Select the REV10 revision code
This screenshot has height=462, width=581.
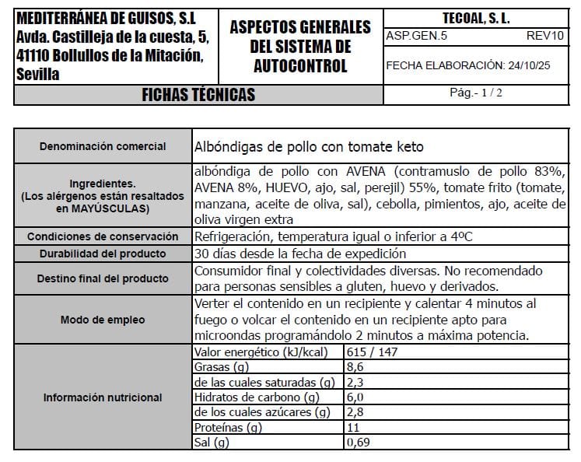(544, 36)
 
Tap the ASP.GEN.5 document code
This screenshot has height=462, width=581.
(416, 36)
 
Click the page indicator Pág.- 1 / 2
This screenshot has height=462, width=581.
(476, 93)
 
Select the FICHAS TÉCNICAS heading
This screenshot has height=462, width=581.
(198, 95)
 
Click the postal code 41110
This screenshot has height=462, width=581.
(30, 56)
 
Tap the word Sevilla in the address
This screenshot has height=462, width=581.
(36, 75)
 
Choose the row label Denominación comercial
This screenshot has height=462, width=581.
(103, 146)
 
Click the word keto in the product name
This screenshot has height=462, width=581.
(410, 147)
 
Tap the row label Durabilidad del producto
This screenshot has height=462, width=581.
(103, 254)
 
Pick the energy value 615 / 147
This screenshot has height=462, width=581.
(373, 352)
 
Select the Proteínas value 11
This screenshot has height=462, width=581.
(353, 428)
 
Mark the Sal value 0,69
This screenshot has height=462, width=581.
(359, 443)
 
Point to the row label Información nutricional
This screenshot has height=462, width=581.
(103, 397)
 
